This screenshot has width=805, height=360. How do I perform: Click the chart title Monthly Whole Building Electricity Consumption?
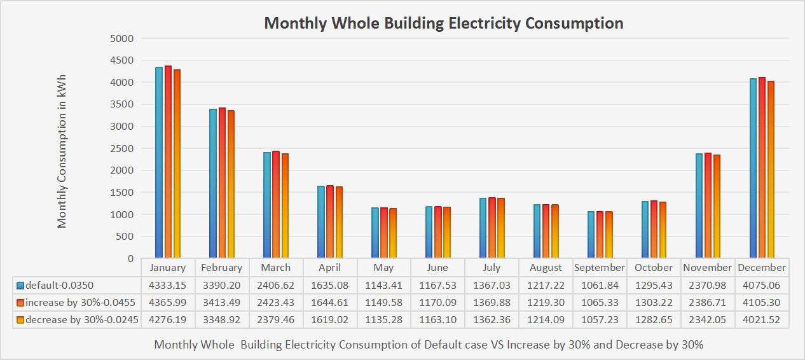point(443,24)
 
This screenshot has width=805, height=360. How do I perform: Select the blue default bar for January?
point(159,162)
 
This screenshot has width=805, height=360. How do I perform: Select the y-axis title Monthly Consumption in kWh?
point(62,151)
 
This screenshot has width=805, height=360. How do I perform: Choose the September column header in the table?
point(600,268)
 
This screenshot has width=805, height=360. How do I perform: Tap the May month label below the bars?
point(383,268)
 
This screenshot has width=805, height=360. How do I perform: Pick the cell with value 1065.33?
point(600,303)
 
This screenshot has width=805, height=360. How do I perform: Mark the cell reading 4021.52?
point(762,320)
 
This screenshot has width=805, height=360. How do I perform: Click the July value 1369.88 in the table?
point(492,303)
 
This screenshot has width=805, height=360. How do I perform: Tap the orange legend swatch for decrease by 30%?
point(20,320)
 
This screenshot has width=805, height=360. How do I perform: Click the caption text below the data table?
point(429,345)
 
